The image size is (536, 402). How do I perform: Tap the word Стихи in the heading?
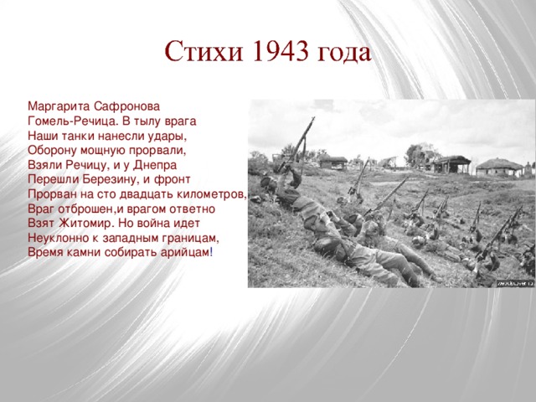pyautogui.click(x=198, y=52)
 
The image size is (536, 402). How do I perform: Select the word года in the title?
pyautogui.click(x=343, y=54)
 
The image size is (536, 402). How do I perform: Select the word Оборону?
pyautogui.click(x=53, y=150)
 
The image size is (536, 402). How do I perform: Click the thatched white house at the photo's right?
pyautogui.click(x=502, y=164)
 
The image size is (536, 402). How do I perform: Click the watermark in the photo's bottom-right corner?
pyautogui.click(x=514, y=283)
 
